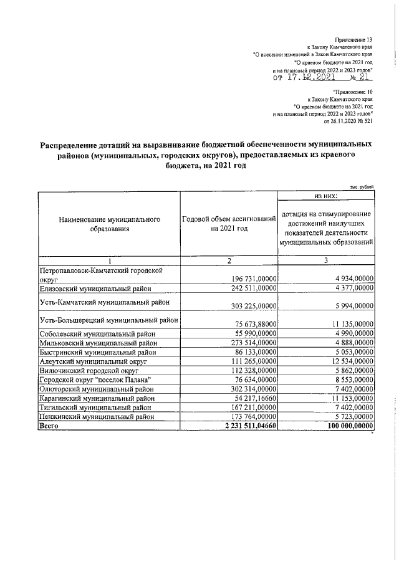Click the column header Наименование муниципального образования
(109, 224)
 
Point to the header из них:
(326, 196)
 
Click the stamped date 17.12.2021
(312, 79)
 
